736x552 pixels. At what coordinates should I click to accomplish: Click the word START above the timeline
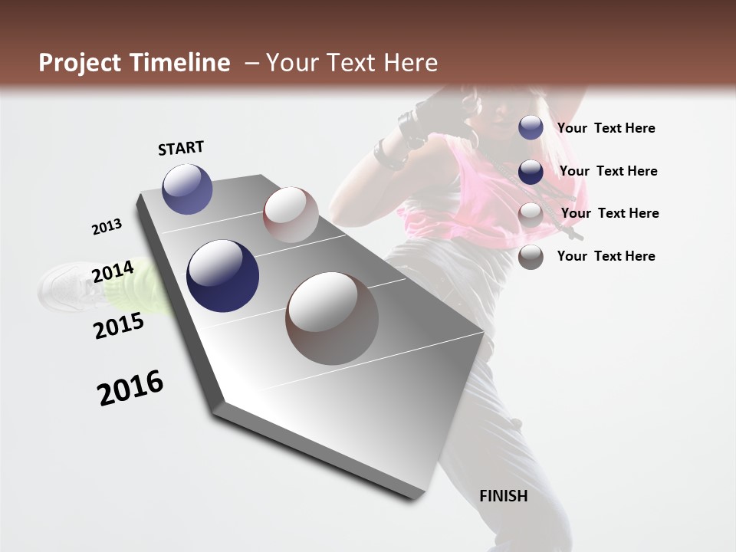(x=181, y=148)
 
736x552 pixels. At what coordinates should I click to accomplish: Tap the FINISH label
(x=504, y=496)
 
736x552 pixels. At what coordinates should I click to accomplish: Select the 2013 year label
(x=107, y=227)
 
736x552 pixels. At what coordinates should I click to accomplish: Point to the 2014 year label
(x=113, y=271)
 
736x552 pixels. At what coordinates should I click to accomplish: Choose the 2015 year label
(x=119, y=326)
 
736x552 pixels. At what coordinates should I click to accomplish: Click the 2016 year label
(x=130, y=387)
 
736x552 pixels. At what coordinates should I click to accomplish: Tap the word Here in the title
(x=410, y=63)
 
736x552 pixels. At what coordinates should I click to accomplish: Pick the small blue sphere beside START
(x=187, y=189)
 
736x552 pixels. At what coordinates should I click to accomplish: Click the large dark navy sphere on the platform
(x=222, y=276)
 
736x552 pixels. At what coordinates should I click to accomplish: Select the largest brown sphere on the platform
(x=332, y=318)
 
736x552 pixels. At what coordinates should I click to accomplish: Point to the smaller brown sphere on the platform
(x=291, y=214)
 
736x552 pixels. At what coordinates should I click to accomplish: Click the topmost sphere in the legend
(x=531, y=127)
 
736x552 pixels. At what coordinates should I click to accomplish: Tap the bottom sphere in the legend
(x=531, y=257)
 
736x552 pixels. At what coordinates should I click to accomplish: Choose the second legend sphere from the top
(x=531, y=172)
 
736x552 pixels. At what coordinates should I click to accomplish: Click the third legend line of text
(x=609, y=213)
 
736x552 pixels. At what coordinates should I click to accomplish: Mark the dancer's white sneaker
(x=65, y=287)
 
